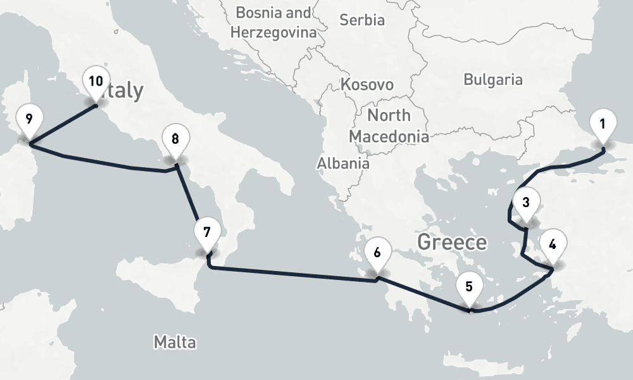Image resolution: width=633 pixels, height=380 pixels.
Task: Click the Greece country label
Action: point(452,242)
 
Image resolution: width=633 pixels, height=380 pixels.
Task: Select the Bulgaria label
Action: point(493,80)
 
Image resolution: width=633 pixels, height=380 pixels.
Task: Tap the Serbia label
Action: point(362,20)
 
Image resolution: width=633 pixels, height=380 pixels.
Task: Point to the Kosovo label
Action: point(367,84)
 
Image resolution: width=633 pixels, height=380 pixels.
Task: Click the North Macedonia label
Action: point(389,125)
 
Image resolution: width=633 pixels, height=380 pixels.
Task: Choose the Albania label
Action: point(343,163)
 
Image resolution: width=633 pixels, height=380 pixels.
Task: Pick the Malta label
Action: point(175,343)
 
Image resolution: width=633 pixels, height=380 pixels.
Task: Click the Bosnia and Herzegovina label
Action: point(273,22)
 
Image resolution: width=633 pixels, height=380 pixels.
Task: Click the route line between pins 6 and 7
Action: point(291,274)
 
